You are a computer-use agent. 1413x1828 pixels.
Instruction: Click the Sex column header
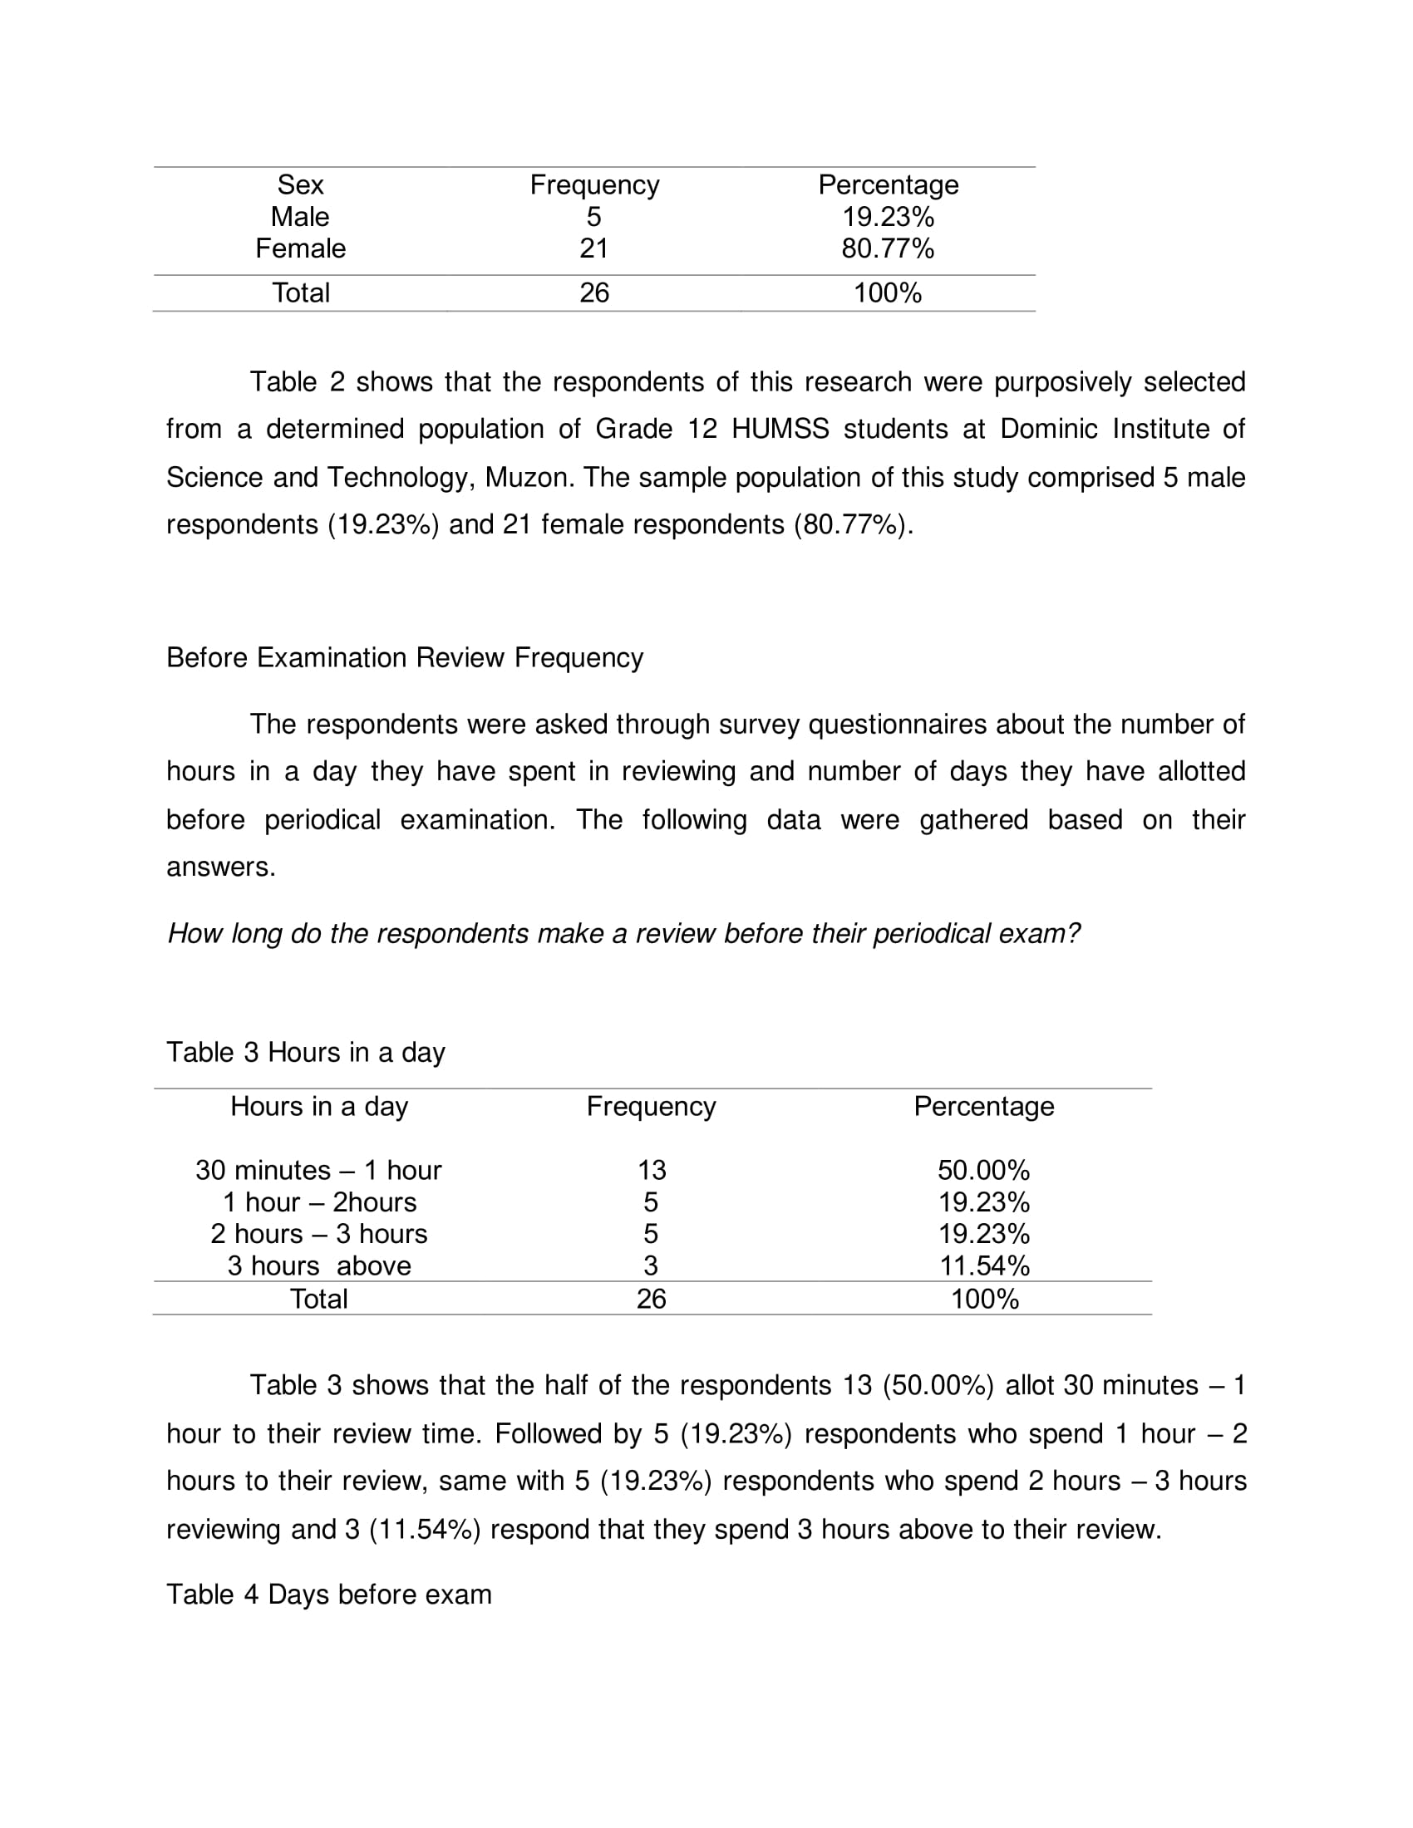tap(300, 185)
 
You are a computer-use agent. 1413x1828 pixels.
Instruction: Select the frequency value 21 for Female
tap(593, 248)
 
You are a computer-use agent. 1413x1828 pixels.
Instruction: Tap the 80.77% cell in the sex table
tap(888, 248)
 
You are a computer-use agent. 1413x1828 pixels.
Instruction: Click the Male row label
tap(300, 217)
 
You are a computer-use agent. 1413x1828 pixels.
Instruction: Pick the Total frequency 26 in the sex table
tap(593, 293)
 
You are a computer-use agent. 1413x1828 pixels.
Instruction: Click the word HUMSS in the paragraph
tap(780, 430)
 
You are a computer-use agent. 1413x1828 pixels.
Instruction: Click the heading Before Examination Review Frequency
tap(404, 658)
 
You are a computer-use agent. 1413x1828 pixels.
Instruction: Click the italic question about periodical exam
tap(623, 933)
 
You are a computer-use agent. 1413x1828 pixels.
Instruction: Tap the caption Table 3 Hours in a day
tap(306, 1052)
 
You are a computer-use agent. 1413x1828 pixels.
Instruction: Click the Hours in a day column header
tap(319, 1107)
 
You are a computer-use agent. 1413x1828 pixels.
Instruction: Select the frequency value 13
tap(652, 1170)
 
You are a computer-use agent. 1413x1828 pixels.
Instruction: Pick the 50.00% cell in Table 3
tap(982, 1170)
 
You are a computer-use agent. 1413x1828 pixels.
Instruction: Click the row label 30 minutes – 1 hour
tap(318, 1170)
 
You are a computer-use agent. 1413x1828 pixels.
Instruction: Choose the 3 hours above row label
tap(319, 1265)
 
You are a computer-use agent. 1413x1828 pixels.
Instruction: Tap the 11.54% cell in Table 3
tap(983, 1265)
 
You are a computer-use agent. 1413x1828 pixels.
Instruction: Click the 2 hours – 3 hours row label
tap(319, 1234)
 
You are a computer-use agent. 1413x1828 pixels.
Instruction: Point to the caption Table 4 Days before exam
tap(329, 1595)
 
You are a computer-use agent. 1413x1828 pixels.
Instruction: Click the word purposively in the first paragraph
tap(1061, 381)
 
